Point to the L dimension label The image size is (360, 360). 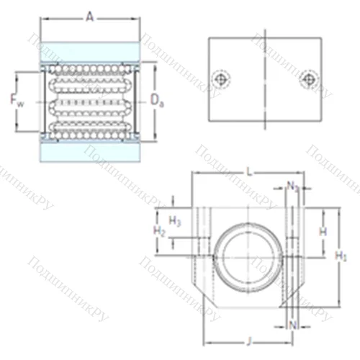tap(248, 171)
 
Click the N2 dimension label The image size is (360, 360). tap(292, 188)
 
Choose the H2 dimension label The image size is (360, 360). tap(161, 231)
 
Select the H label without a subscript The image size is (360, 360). tap(323, 231)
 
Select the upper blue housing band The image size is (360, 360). tap(90, 52)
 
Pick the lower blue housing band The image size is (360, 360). tap(90, 152)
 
